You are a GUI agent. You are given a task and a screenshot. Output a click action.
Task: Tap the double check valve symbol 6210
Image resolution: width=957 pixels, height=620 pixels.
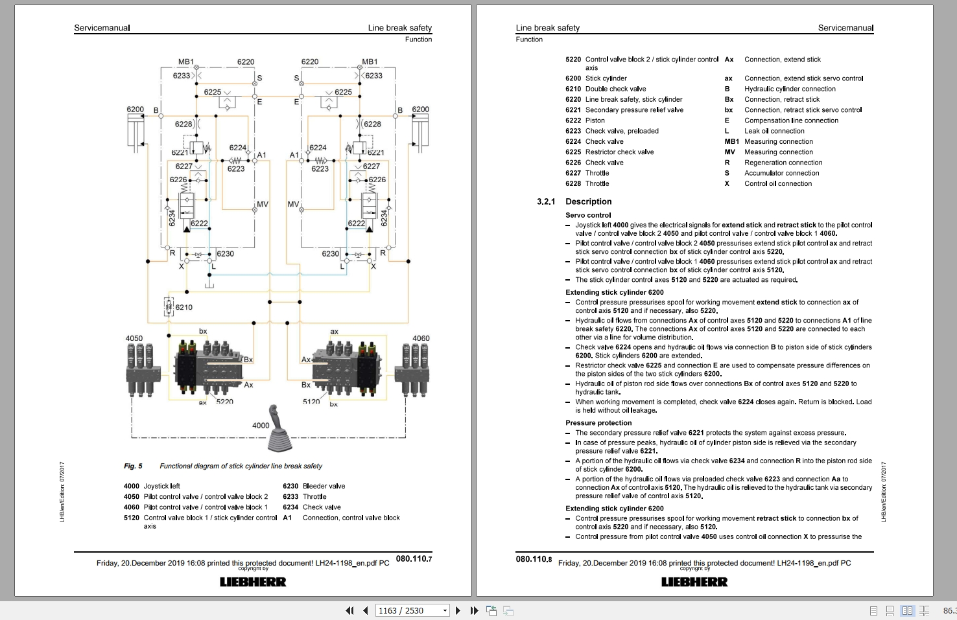[169, 306]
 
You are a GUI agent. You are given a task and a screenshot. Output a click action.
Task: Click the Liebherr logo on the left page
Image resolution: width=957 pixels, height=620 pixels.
[253, 582]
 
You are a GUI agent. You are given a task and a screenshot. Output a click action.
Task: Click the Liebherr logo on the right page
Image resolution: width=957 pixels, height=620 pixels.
[694, 582]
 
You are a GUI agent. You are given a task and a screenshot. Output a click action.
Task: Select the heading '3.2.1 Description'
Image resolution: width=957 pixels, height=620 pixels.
[574, 201]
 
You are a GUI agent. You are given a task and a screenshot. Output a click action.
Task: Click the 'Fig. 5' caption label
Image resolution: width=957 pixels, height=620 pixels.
[134, 466]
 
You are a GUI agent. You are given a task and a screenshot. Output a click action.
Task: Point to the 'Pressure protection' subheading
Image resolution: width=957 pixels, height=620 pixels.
[598, 422]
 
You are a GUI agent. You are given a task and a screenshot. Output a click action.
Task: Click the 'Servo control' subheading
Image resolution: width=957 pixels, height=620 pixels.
[588, 215]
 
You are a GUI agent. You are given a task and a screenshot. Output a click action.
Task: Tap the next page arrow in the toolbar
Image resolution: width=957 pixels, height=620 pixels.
[458, 610]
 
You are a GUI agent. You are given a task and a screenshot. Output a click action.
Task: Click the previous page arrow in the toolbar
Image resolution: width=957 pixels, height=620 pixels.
[366, 610]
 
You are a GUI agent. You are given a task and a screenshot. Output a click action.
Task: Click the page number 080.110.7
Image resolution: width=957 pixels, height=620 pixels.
[414, 558]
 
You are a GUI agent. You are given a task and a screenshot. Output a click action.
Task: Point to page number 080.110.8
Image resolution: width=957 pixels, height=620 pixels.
[534, 558]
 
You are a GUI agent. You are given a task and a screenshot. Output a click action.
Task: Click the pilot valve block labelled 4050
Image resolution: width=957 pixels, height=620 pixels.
[142, 370]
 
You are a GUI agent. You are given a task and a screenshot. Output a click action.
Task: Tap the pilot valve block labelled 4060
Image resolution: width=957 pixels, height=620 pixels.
[412, 370]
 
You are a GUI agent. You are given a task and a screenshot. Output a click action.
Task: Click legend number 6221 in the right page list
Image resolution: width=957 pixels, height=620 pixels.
[573, 109]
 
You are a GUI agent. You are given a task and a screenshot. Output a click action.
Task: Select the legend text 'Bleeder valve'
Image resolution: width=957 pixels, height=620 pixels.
[324, 486]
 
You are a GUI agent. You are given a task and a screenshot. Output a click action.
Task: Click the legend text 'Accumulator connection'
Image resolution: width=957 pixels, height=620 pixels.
[781, 173]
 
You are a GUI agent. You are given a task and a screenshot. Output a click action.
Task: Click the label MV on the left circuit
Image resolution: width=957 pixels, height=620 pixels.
[263, 204]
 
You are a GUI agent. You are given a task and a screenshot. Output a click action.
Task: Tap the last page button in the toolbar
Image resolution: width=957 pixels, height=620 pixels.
[474, 610]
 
